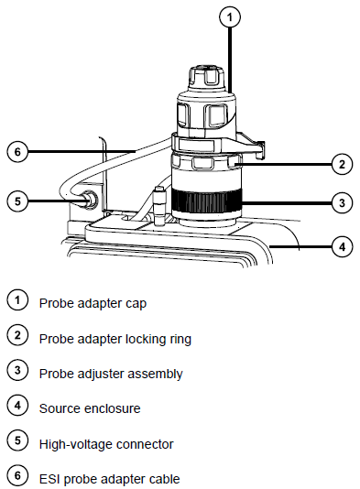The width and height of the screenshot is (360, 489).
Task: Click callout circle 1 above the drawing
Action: pyautogui.click(x=230, y=16)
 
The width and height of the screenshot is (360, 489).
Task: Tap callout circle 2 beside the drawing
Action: pyautogui.click(x=342, y=164)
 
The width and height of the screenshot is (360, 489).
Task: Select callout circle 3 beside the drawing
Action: pyautogui.click(x=342, y=203)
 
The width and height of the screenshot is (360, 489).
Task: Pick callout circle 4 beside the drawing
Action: pyautogui.click(x=343, y=246)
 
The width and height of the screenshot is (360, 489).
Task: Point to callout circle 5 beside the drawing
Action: pyautogui.click(x=17, y=201)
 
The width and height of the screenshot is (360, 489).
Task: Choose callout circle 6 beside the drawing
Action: pyautogui.click(x=17, y=152)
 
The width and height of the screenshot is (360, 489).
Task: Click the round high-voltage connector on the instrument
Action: pyautogui.click(x=89, y=199)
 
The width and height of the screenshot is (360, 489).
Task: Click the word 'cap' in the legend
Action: pyautogui.click(x=136, y=304)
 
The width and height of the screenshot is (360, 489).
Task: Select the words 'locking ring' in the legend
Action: pyautogui.click(x=158, y=339)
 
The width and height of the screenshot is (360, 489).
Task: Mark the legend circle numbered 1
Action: pyautogui.click(x=17, y=300)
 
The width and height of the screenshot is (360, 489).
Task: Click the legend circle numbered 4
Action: pyautogui.click(x=17, y=406)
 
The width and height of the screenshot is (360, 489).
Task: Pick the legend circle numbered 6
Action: pyautogui.click(x=17, y=476)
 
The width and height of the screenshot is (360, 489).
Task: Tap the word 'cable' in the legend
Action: pyautogui.click(x=164, y=479)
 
